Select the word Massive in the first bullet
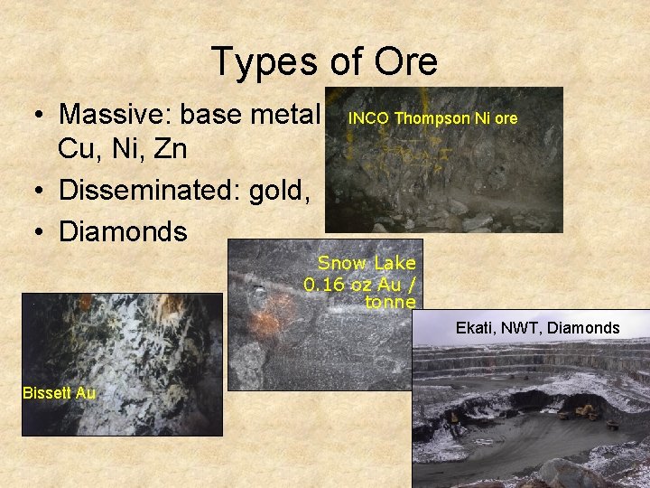pyautogui.click(x=115, y=115)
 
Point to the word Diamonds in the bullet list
pyautogui.click(x=123, y=231)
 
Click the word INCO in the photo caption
pyautogui.click(x=369, y=118)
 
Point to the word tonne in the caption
pyautogui.click(x=391, y=302)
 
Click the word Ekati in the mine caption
pyautogui.click(x=475, y=327)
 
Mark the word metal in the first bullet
pyautogui.click(x=287, y=115)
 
